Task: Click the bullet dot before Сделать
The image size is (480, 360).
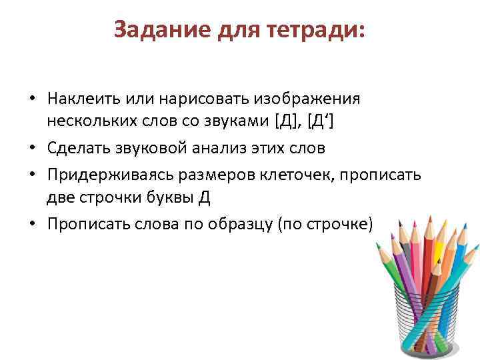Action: coord(31,147)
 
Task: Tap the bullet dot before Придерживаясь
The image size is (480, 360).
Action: coord(31,175)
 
